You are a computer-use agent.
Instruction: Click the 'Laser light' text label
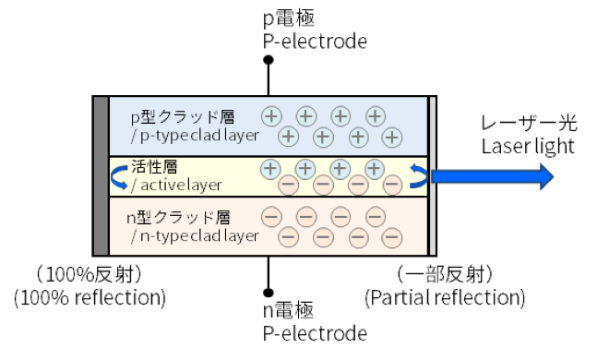pos(528,146)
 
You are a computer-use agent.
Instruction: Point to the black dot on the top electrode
pos(269,61)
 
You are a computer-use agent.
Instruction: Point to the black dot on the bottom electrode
pos(269,289)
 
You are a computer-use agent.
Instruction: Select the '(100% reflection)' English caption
pos(90,298)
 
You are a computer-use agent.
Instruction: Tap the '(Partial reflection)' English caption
pos(446,298)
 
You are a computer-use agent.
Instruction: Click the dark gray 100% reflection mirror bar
pos(101,175)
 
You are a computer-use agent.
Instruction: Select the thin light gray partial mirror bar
pos(432,175)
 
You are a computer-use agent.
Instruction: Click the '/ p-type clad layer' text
pos(195,137)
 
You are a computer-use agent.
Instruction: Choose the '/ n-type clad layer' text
pos(195,236)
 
